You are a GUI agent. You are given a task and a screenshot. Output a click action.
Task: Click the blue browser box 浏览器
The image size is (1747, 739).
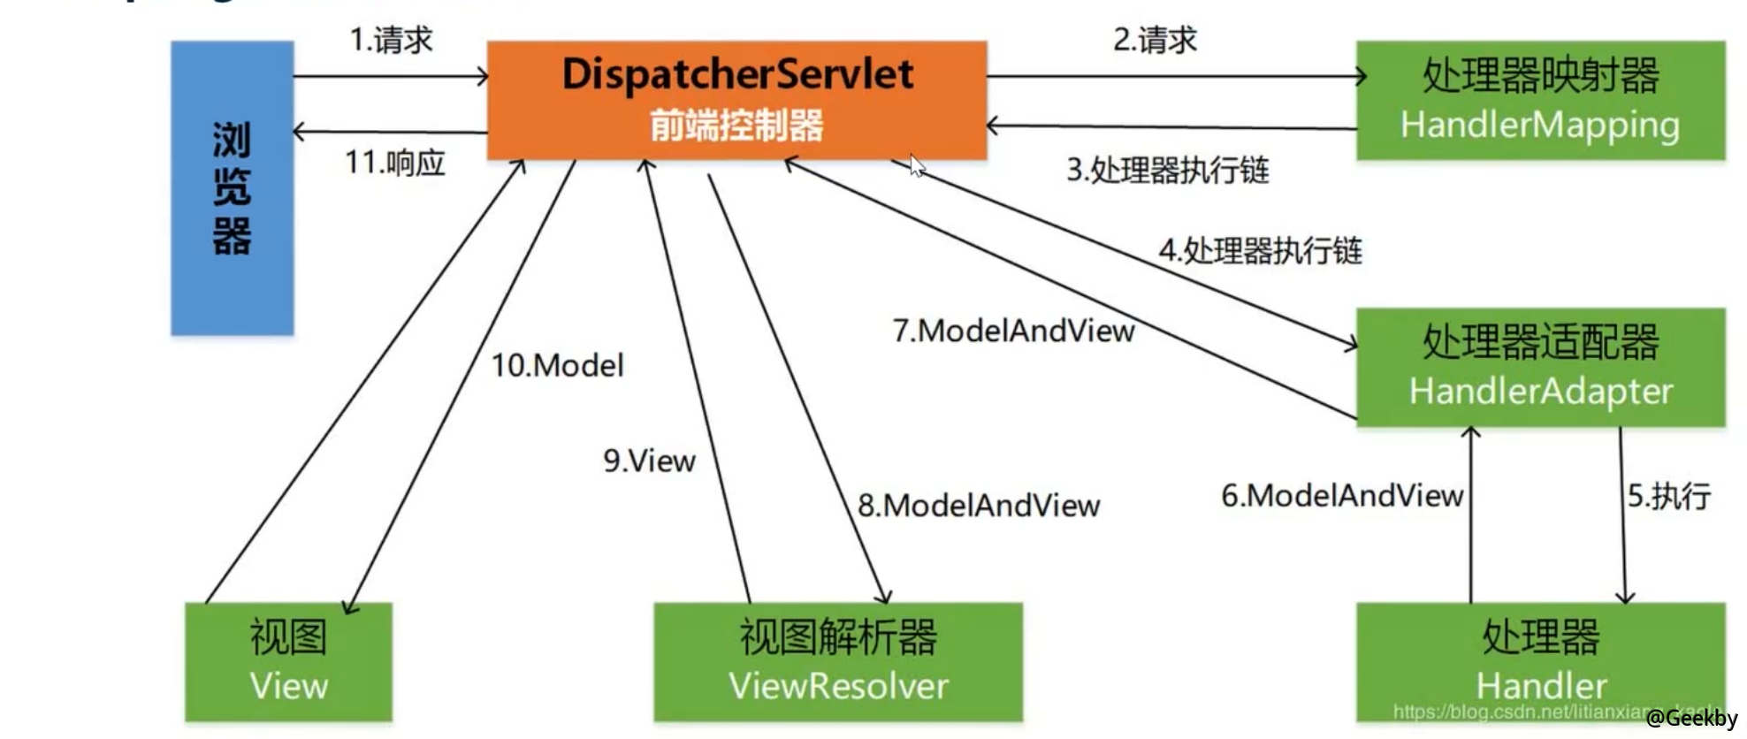click(x=232, y=188)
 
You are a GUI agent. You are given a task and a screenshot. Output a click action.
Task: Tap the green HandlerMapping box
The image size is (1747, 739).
click(x=1540, y=100)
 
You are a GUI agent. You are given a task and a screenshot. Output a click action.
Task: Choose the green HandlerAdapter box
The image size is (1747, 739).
click(x=1540, y=367)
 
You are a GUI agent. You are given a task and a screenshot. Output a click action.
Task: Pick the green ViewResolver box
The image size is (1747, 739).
click(x=837, y=661)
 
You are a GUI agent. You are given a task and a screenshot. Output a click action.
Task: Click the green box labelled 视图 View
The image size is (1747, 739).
click(x=288, y=661)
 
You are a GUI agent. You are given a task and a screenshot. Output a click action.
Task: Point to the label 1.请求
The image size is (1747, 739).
click(x=391, y=40)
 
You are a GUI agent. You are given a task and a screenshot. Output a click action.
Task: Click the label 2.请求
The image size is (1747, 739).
click(x=1155, y=40)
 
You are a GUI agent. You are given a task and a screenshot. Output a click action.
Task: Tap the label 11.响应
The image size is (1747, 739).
click(x=394, y=163)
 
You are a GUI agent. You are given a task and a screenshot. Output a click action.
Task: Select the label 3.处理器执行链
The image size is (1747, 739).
click(x=1167, y=170)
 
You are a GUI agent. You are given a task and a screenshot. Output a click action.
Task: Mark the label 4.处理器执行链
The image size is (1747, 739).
click(x=1260, y=251)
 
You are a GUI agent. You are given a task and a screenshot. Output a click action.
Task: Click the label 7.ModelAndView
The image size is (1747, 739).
click(x=1013, y=331)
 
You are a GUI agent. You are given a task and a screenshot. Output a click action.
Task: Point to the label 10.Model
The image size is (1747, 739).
click(x=557, y=365)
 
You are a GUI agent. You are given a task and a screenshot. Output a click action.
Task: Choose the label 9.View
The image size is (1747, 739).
click(x=649, y=461)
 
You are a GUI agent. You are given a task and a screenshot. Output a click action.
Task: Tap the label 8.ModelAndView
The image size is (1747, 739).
click(x=979, y=506)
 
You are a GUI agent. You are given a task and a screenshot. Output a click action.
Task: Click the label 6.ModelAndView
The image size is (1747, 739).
click(x=1342, y=496)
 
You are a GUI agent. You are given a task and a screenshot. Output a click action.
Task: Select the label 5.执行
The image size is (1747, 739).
click(x=1669, y=496)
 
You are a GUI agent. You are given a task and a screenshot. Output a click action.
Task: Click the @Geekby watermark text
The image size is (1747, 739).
click(x=1691, y=719)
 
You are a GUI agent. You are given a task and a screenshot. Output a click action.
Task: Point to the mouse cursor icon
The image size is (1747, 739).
click(x=918, y=165)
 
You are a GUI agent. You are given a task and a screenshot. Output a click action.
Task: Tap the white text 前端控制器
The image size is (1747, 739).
click(x=736, y=126)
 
